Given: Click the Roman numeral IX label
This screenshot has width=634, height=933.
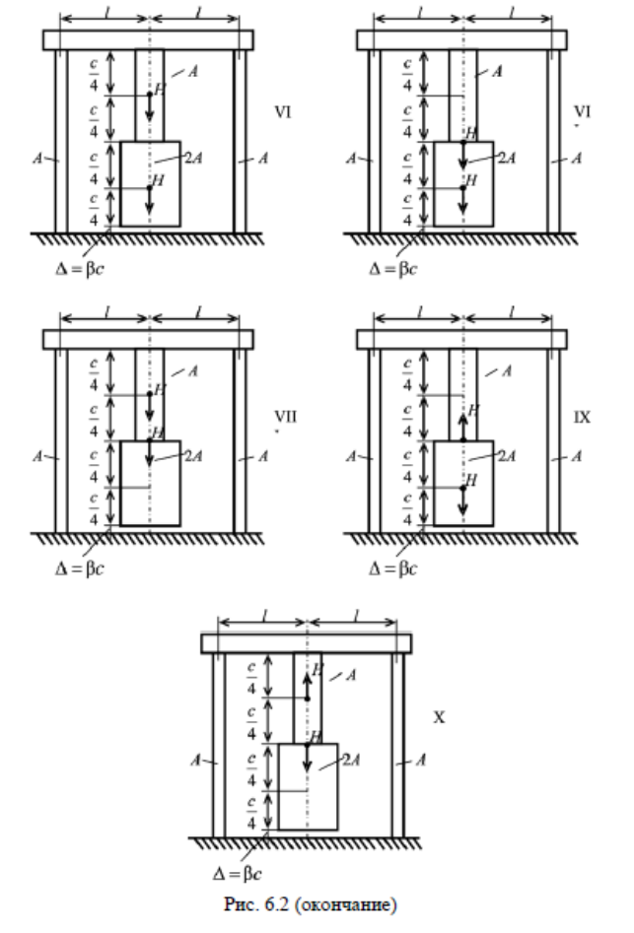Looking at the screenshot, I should (x=583, y=418).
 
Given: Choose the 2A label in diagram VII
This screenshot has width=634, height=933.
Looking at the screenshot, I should (x=193, y=456).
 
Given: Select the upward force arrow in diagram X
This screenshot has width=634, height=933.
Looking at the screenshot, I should (x=307, y=682).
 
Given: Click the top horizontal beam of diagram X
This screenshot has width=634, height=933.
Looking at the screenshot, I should (x=306, y=643).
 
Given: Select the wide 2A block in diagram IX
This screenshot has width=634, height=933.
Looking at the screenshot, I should (x=462, y=483).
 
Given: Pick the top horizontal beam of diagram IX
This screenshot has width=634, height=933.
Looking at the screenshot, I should (x=461, y=340).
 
